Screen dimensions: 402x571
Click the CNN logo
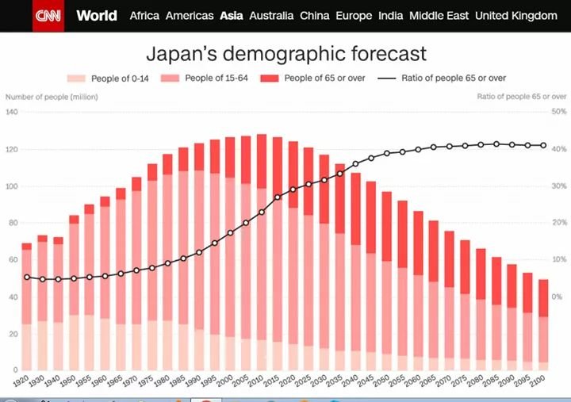point(48,16)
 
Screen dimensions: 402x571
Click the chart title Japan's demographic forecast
point(286,54)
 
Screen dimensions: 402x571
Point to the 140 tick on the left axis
point(12,113)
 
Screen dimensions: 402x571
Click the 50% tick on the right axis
point(558,113)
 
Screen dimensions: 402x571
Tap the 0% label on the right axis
point(559,297)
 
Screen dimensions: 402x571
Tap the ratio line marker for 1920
point(26,277)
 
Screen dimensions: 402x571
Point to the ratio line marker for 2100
point(543,145)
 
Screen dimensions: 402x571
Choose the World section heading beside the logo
point(97,16)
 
